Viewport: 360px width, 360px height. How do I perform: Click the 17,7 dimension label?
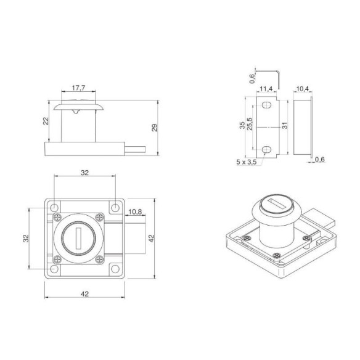coord(78,89)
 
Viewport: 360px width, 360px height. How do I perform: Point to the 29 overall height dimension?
coord(155,128)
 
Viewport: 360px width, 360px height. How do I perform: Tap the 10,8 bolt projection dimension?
coord(135,213)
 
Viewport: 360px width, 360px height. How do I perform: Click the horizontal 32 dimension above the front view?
coord(85,173)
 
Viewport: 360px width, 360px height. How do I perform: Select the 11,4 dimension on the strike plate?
coord(265,89)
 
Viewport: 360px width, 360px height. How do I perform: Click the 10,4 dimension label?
coord(302,89)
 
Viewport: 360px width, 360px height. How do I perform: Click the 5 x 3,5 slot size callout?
coord(247,162)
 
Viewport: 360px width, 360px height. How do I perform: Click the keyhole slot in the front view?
coord(77,237)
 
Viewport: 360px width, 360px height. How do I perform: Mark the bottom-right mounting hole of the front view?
coord(115,268)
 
